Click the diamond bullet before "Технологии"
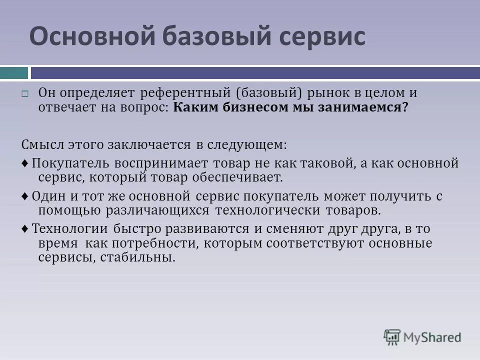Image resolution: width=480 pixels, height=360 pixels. coord(25,230)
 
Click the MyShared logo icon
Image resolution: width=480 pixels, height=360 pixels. coord(392,337)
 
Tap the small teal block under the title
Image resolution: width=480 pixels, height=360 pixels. coord(14,73)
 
